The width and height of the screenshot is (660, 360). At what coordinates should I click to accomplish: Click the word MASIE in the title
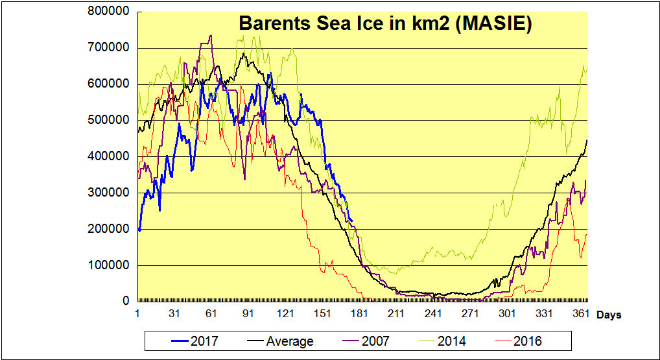pyautogui.click(x=496, y=23)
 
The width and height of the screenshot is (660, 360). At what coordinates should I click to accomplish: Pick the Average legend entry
pyautogui.click(x=290, y=341)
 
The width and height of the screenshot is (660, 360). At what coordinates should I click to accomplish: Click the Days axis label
pyautogui.click(x=609, y=315)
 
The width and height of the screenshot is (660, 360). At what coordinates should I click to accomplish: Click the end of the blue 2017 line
pyautogui.click(x=352, y=222)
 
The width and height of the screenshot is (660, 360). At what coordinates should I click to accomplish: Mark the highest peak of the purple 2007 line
pyautogui.click(x=211, y=35)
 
